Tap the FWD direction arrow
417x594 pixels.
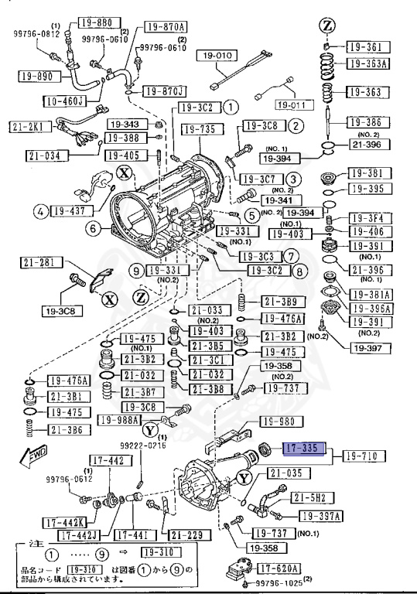click(34, 458)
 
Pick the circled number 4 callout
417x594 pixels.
click(39, 210)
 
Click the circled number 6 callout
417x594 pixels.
click(93, 228)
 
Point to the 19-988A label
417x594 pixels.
click(120, 420)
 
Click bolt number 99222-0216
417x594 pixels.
click(142, 446)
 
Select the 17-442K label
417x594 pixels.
click(33, 521)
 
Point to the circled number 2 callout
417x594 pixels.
click(296, 125)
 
